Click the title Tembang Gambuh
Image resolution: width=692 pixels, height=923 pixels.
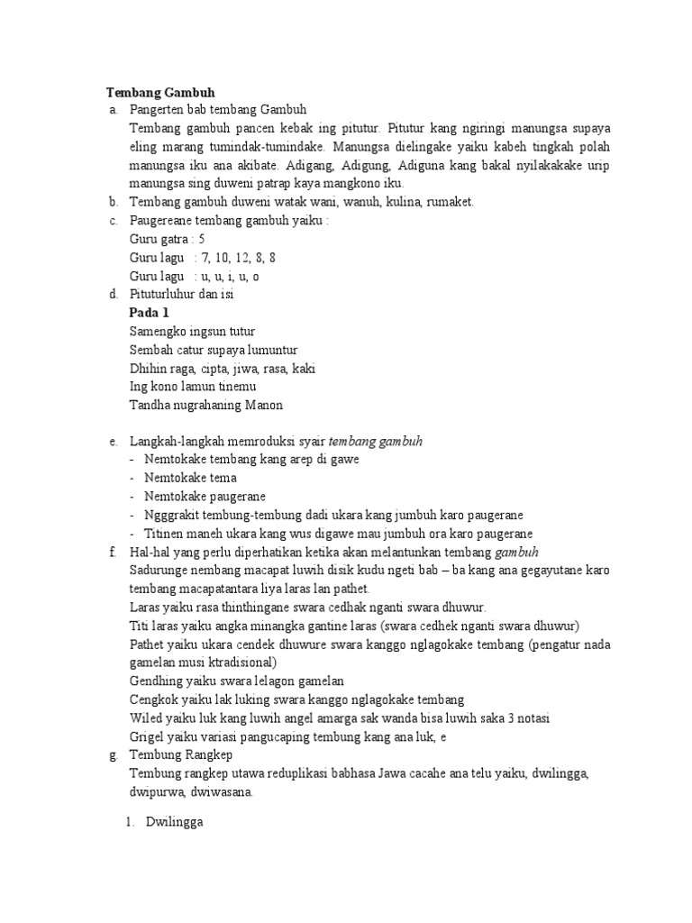(161, 92)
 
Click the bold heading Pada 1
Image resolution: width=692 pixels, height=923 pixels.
(150, 313)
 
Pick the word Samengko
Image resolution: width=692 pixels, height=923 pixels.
(159, 332)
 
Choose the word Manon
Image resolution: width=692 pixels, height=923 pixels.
(264, 405)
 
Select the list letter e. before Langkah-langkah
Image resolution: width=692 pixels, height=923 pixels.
(112, 442)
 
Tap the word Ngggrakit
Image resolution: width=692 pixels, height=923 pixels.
(173, 515)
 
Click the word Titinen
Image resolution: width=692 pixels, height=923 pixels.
(163, 534)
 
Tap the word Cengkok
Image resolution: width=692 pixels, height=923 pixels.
(154, 699)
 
